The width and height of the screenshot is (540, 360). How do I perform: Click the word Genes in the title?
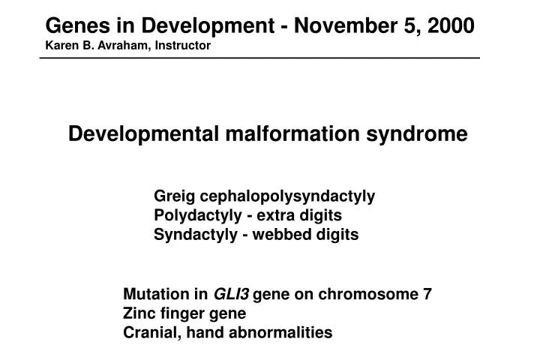(x=72, y=25)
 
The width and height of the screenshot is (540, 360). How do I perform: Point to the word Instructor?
(x=184, y=46)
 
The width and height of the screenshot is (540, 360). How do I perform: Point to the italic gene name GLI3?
(x=232, y=294)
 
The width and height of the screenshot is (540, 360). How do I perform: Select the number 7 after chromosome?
(x=427, y=294)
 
